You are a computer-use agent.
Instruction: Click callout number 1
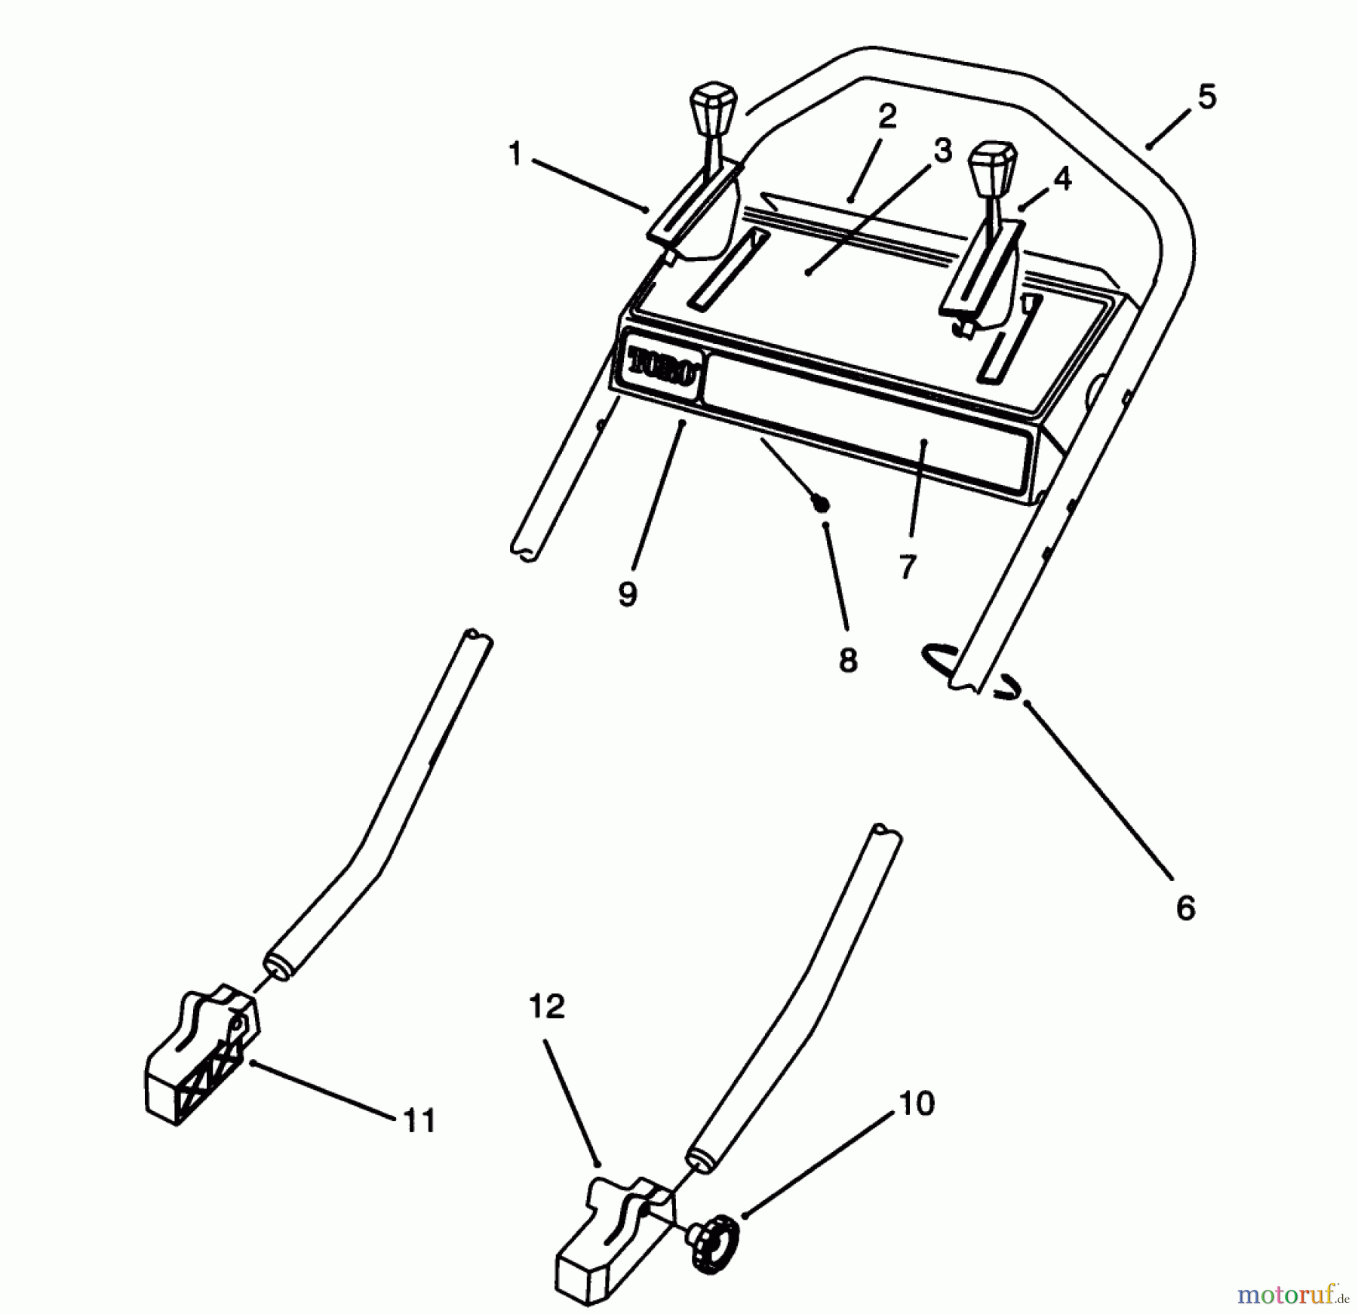[x=515, y=155]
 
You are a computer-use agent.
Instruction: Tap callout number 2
[x=886, y=117]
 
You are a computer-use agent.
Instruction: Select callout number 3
[x=942, y=151]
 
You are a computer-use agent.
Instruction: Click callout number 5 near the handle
[x=1206, y=97]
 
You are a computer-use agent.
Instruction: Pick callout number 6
[x=1185, y=908]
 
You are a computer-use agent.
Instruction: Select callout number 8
[x=848, y=660]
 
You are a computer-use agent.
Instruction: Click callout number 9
[x=628, y=594]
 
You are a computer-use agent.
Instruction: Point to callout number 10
[x=917, y=1104]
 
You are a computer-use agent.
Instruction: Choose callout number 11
[x=419, y=1122]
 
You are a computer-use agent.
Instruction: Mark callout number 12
[x=547, y=1006]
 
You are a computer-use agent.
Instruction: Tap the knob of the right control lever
[x=991, y=161]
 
